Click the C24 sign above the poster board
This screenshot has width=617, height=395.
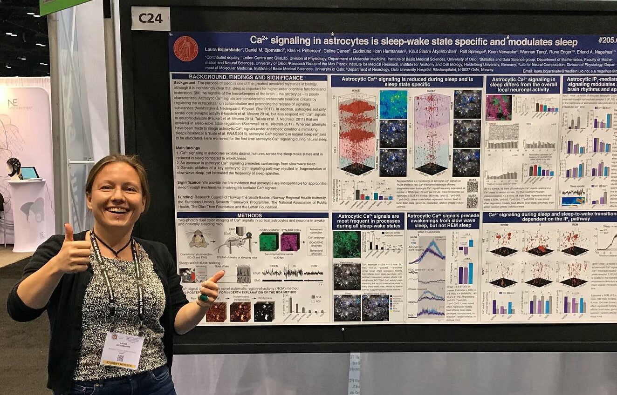pos(151,18)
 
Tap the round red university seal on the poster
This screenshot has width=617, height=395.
pos(185,49)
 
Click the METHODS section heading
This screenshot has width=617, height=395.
pos(249,215)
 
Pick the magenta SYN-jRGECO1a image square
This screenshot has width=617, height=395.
pos(289,241)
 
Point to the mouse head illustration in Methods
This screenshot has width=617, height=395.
pos(199,239)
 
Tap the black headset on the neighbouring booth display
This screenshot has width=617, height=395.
pos(14,167)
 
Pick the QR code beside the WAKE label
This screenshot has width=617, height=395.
pos(472,187)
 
